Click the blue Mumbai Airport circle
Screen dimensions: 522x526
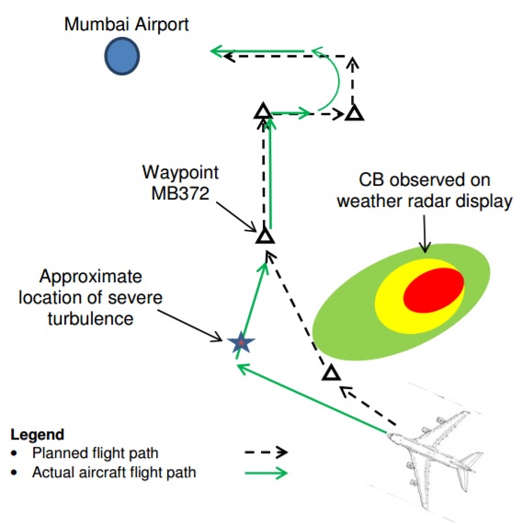(122, 56)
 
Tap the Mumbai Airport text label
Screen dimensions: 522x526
(127, 24)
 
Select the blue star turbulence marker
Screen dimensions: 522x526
(241, 342)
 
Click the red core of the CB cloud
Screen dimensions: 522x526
(434, 291)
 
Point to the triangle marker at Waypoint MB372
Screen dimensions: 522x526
(266, 234)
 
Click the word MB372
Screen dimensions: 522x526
(180, 193)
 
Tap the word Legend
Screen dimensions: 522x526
(37, 434)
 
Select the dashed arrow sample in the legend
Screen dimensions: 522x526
(267, 452)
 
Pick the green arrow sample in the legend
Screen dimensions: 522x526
(267, 473)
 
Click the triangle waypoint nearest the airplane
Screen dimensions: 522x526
(331, 372)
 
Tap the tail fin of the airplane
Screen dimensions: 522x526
(471, 460)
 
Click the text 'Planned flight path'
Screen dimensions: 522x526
(96, 452)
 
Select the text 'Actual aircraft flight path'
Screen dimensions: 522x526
(114, 473)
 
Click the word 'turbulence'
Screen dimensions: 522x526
(90, 318)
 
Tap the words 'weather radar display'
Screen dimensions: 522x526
(425, 201)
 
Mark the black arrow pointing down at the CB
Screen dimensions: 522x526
(425, 234)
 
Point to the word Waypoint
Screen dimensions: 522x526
(180, 173)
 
